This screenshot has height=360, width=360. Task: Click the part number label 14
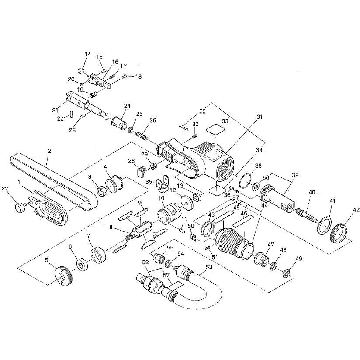click(x=88, y=54)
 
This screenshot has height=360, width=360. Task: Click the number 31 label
click(x=260, y=117)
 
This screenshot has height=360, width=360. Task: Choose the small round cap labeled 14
click(x=81, y=70)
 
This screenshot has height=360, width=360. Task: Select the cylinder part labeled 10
click(x=166, y=214)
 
